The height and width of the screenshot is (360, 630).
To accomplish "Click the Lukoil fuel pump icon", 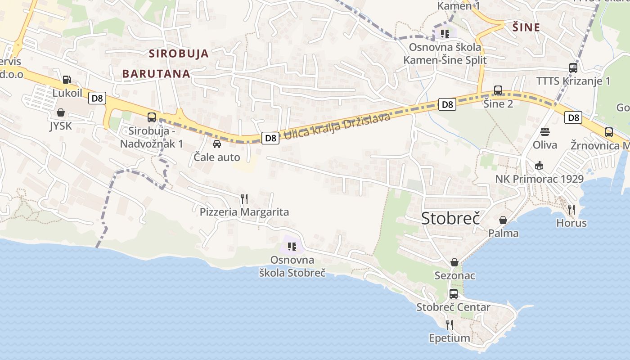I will pyautogui.click(x=67, y=80).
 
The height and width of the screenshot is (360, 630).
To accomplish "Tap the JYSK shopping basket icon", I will pyautogui.click(x=61, y=112).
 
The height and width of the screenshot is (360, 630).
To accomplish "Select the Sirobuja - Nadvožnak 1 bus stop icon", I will pyautogui.click(x=152, y=117).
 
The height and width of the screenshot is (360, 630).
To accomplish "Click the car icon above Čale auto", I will pyautogui.click(x=217, y=144).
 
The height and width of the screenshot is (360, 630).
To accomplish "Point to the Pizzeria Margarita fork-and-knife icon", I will pyautogui.click(x=244, y=198).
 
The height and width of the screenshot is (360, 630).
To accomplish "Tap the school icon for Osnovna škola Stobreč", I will pyautogui.click(x=292, y=246).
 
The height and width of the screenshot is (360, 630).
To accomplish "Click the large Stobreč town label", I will pyautogui.click(x=450, y=218).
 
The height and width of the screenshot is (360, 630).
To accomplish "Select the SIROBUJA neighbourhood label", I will pyautogui.click(x=179, y=54).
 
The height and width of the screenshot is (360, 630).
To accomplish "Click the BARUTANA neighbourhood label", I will pyautogui.click(x=156, y=73).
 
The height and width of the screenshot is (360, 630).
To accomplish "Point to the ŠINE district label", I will pyautogui.click(x=526, y=27).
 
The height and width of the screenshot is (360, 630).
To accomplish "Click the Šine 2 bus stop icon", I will pyautogui.click(x=498, y=90).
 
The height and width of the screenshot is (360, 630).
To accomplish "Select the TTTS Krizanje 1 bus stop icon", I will pyautogui.click(x=573, y=68).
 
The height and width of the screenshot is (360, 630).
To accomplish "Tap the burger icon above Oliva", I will pyautogui.click(x=545, y=132).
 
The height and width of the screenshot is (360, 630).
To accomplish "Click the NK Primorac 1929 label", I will pyautogui.click(x=540, y=179).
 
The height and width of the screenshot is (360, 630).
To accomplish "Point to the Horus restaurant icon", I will pyautogui.click(x=571, y=209).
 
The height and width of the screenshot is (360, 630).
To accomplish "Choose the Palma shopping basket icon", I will pyautogui.click(x=503, y=220).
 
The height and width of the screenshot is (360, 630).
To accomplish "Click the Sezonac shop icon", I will pyautogui.click(x=454, y=262).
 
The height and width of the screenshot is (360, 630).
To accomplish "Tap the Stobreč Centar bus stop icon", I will pyautogui.click(x=454, y=294).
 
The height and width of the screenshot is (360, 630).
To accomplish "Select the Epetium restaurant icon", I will pyautogui.click(x=449, y=324).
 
